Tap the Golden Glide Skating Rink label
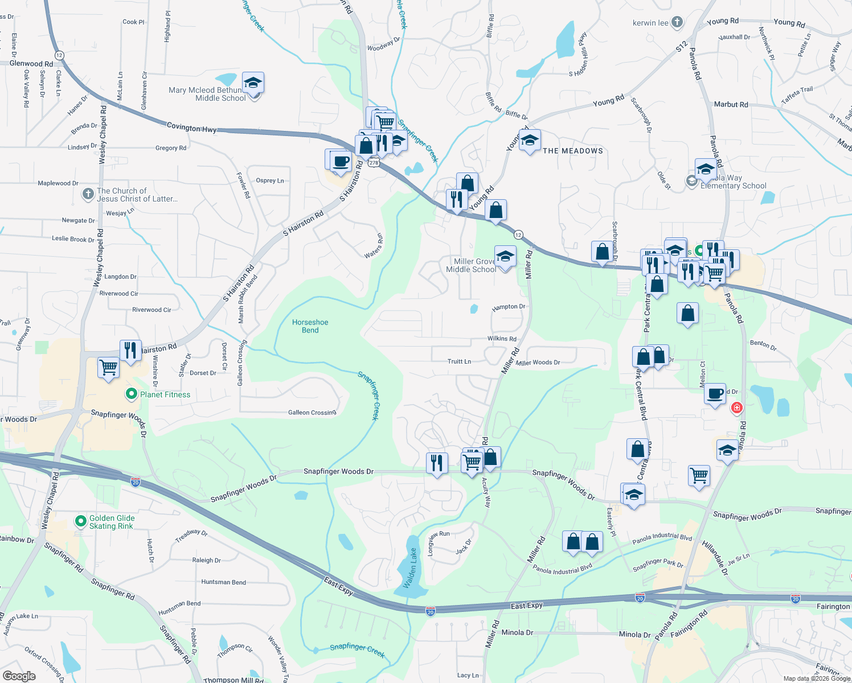[112, 522]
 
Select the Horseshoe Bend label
[310, 326]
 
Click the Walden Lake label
[410, 567]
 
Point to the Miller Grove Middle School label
[472, 266]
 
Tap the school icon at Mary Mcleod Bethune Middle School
[253, 84]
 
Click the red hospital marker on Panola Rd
[736, 408]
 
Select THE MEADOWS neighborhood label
[573, 151]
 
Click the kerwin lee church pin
[677, 22]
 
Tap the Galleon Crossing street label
[312, 413]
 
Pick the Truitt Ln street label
[459, 361]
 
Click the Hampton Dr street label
[509, 307]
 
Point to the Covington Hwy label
[191, 127]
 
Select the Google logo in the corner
[19, 676]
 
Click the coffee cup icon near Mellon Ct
[715, 393]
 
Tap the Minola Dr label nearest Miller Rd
[517, 632]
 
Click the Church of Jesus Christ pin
[88, 194]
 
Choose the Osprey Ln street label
[270, 180]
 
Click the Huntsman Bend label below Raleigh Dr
[224, 582]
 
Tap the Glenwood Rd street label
[31, 64]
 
